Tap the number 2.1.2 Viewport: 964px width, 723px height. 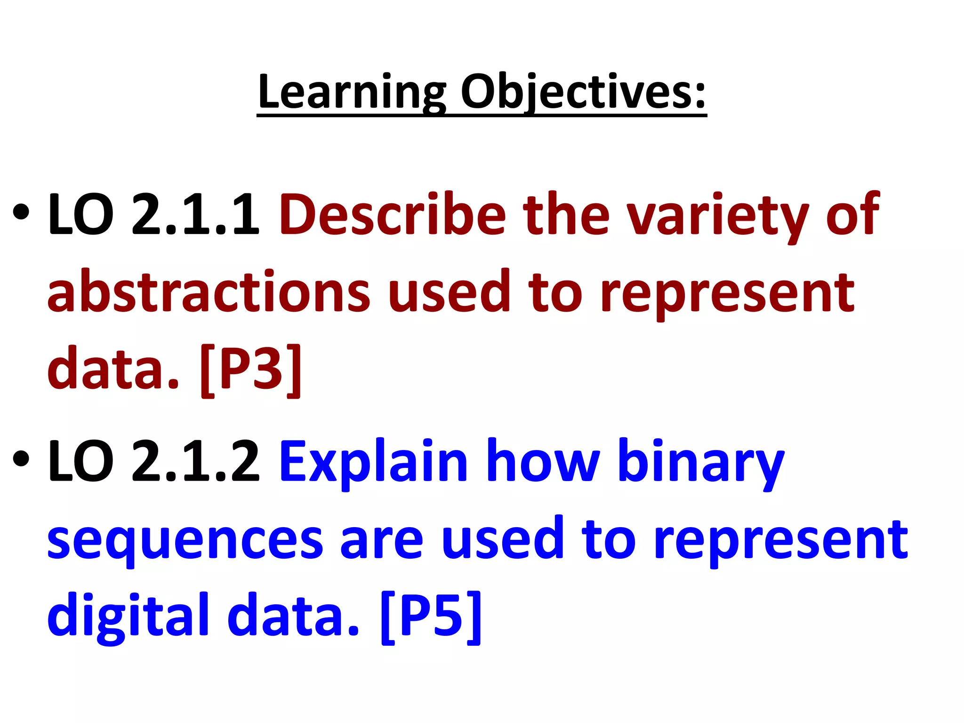point(195,461)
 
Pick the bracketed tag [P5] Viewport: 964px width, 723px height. point(431,617)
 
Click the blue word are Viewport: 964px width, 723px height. point(382,541)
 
